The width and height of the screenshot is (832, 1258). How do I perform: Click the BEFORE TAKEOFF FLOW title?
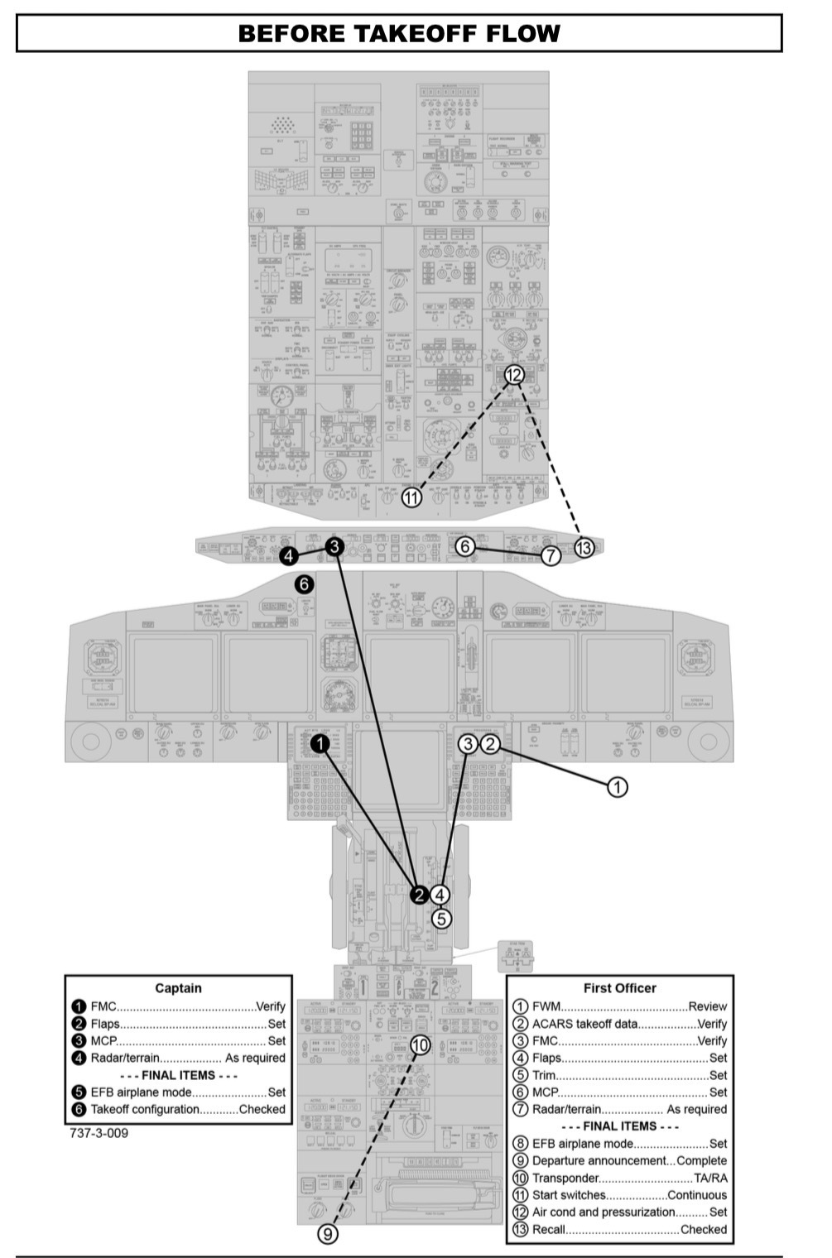pos(399,34)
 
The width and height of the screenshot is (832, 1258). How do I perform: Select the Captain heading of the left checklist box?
pos(178,988)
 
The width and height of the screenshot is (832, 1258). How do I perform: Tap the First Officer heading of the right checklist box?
pos(619,988)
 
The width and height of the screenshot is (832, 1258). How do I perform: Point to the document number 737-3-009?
pos(99,1133)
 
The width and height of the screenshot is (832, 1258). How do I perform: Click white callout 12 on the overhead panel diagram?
pos(514,375)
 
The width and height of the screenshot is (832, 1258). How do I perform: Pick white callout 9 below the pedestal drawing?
pos(329,1233)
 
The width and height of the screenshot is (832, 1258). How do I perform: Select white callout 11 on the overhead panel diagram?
pos(411,497)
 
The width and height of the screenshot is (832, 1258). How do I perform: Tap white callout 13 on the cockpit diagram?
pos(584,547)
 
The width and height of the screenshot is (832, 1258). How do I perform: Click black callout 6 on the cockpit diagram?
pos(305,584)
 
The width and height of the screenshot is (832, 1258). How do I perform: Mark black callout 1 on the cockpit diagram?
pos(320,744)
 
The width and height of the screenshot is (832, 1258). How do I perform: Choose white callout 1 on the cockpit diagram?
pos(618,786)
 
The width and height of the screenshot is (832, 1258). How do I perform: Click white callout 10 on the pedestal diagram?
pos(421,1044)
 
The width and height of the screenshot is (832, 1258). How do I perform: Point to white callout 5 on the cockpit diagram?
pos(440,918)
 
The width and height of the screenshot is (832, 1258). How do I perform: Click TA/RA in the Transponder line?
pos(710,1178)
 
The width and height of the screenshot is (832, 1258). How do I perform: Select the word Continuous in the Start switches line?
pos(697,1195)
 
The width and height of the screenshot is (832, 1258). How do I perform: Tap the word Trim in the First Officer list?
pos(543,1075)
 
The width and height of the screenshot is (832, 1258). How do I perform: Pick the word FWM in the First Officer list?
pos(546,1006)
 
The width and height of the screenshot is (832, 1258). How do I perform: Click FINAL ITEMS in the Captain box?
pos(179,1075)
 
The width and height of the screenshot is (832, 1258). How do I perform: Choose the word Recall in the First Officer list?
pos(548,1229)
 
